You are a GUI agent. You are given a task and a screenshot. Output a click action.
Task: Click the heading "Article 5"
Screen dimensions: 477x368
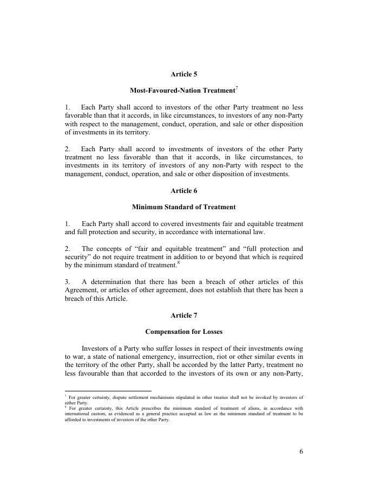(184, 74)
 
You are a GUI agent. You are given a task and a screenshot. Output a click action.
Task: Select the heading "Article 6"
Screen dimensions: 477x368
(184, 191)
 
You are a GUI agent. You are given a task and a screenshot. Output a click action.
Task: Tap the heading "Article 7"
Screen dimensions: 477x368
(184, 315)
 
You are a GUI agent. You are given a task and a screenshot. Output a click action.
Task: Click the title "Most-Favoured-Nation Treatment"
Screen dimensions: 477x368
(182, 91)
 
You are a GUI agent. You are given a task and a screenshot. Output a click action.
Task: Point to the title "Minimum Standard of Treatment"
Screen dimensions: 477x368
(184, 207)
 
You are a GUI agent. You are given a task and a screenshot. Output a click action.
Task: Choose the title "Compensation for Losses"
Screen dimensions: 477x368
(184, 332)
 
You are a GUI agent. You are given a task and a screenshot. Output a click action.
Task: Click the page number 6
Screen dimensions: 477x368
(301, 452)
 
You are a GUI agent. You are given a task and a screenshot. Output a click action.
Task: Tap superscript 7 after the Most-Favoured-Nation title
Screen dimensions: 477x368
(237, 88)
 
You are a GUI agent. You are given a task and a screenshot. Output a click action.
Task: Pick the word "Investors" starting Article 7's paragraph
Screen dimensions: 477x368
(96, 348)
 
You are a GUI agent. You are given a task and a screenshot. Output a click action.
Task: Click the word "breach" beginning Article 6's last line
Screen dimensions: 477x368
(75, 299)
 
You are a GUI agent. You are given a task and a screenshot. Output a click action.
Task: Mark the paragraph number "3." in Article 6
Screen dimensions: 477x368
(68, 282)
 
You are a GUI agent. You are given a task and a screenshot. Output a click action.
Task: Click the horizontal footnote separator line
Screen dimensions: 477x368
(108, 391)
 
